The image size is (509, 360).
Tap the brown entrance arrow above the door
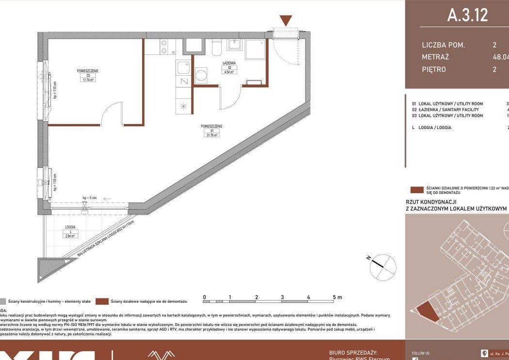point(286,20)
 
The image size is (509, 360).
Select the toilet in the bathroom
point(217,48)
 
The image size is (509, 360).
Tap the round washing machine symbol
point(201,75)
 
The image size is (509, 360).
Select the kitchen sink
point(183,67)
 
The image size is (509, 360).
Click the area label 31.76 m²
point(212,135)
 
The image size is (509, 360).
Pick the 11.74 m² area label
point(87,80)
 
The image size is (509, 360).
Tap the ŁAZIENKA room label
point(229,64)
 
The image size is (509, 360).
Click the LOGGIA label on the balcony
point(70,227)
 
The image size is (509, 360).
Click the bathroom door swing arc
point(229,97)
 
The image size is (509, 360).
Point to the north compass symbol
point(383,266)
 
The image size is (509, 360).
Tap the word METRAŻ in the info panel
point(435,57)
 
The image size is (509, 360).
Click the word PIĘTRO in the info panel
point(434,69)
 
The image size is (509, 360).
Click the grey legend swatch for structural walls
point(3,301)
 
